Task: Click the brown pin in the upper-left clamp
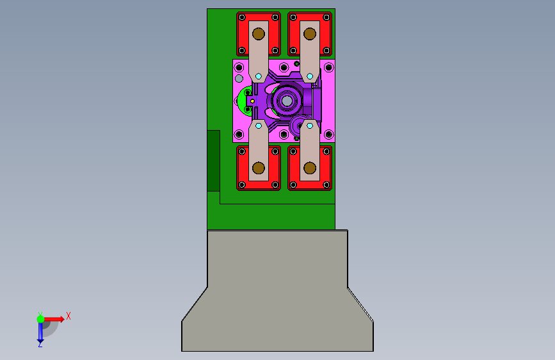[259, 34]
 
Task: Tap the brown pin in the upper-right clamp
[310, 34]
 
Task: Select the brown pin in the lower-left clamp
[259, 168]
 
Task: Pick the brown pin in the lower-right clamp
[310, 168]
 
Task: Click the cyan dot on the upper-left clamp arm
[259, 76]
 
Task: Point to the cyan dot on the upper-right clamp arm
[310, 76]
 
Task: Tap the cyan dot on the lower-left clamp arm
[259, 126]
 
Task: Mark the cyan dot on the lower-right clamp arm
[310, 126]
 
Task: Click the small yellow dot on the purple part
[252, 101]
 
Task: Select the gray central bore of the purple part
[287, 101]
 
